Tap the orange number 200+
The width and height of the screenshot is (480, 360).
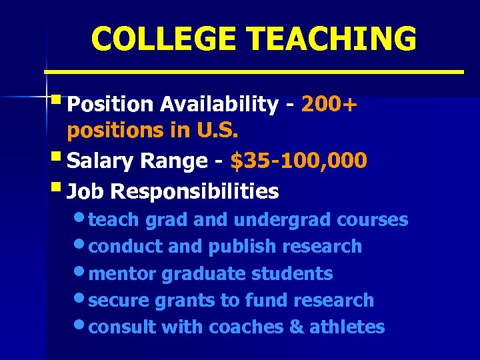click(329, 104)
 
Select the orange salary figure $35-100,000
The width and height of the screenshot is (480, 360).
click(298, 161)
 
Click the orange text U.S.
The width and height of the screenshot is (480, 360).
click(218, 130)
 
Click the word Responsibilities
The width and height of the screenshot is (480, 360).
click(195, 192)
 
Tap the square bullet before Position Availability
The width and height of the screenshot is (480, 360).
click(58, 102)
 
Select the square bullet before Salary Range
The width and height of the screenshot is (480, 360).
click(58, 159)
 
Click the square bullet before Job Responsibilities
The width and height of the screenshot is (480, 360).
click(58, 189)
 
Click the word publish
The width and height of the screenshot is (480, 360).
click(243, 247)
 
